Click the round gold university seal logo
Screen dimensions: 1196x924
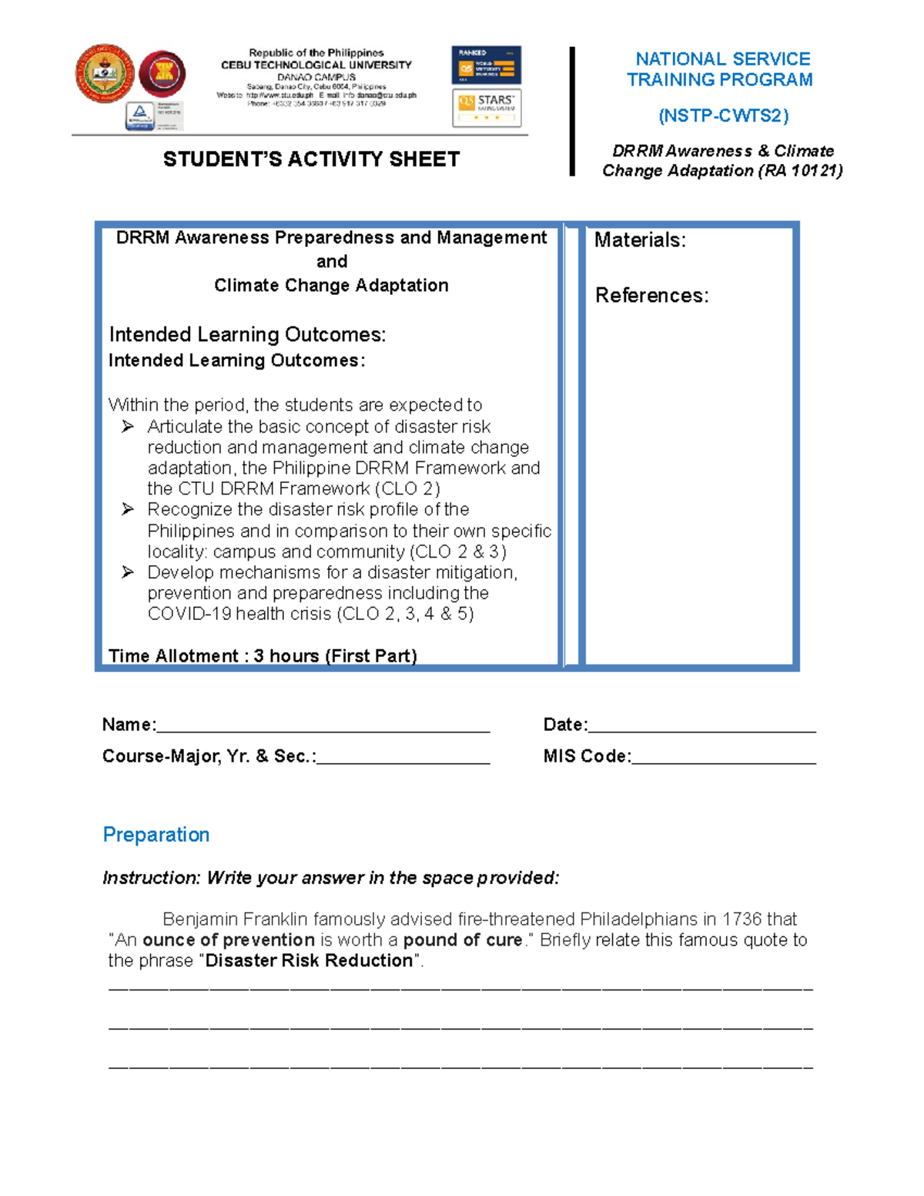click(x=105, y=74)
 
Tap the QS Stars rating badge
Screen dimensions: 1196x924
click(x=487, y=108)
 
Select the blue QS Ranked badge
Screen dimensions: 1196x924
click(x=487, y=65)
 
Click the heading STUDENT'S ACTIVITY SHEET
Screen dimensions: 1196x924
click(x=311, y=159)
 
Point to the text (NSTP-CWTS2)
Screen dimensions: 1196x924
click(x=723, y=116)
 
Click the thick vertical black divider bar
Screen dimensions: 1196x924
click(x=572, y=112)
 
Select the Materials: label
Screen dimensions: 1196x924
click(x=640, y=240)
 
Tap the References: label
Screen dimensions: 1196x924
click(x=651, y=296)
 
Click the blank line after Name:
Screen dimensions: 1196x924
click(x=323, y=726)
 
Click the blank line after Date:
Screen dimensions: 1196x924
click(x=701, y=726)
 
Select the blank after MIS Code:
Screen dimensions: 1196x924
click(x=723, y=758)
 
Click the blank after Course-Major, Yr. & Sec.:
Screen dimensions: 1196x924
click(x=403, y=758)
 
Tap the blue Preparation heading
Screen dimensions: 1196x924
click(x=156, y=835)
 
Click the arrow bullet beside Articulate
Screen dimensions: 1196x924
click(x=128, y=427)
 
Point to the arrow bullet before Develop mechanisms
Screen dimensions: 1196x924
click(x=128, y=572)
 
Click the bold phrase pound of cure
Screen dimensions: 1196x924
click(x=463, y=940)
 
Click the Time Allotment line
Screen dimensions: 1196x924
click(x=263, y=656)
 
